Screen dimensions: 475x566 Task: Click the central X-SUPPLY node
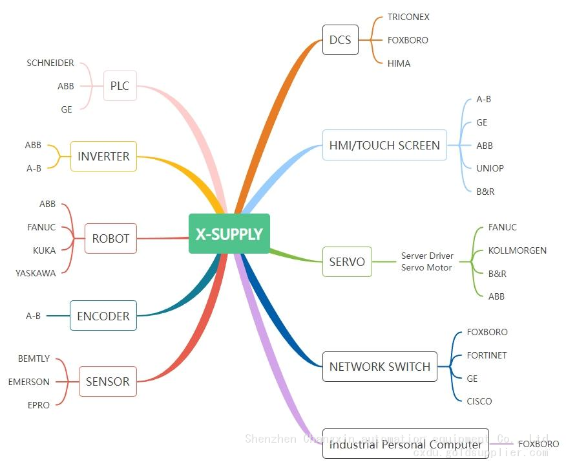click(x=229, y=234)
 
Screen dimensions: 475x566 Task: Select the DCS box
click(x=340, y=40)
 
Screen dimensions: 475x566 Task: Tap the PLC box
click(x=120, y=86)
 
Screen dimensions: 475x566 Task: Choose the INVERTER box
click(x=103, y=157)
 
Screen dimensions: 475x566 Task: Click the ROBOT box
click(x=110, y=239)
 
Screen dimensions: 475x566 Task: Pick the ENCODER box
click(x=103, y=316)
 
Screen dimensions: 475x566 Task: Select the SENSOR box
click(x=107, y=382)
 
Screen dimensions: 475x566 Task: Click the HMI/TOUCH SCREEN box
click(x=384, y=146)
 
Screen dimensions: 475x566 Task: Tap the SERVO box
click(x=347, y=262)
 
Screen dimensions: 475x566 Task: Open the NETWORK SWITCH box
click(x=379, y=367)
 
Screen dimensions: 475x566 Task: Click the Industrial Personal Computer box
click(x=405, y=444)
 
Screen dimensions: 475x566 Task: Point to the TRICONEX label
click(x=408, y=17)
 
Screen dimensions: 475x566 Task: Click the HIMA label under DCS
click(x=399, y=63)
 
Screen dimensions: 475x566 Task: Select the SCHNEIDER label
click(x=50, y=63)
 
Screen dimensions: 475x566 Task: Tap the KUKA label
click(x=45, y=250)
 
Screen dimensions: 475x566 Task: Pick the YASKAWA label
click(x=36, y=273)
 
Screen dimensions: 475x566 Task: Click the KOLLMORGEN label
click(x=517, y=250)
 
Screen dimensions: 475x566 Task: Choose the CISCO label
click(x=479, y=401)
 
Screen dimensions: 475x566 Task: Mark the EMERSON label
click(x=29, y=382)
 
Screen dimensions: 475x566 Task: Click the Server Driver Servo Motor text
click(x=427, y=262)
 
